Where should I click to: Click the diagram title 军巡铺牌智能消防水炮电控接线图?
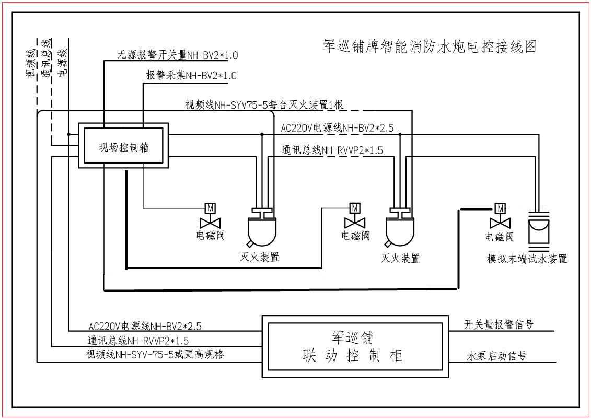click(x=430, y=46)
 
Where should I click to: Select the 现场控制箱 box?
click(x=124, y=146)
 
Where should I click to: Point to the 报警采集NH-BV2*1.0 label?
click(x=191, y=76)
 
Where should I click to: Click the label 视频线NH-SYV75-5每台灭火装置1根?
click(x=264, y=104)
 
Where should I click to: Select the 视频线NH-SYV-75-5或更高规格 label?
click(x=155, y=354)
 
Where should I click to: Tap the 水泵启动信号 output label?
click(x=496, y=356)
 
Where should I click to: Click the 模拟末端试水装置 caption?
click(x=527, y=259)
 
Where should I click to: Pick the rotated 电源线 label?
click(x=63, y=63)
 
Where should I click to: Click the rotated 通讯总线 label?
click(x=47, y=59)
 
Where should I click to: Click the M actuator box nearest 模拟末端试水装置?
click(x=500, y=208)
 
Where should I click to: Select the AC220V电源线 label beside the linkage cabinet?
click(x=145, y=327)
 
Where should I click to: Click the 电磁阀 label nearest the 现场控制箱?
click(x=210, y=235)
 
